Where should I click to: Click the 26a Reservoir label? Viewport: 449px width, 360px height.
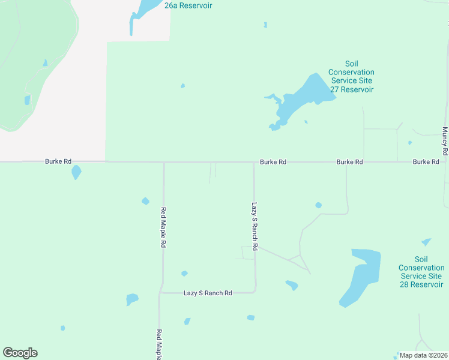[188, 5]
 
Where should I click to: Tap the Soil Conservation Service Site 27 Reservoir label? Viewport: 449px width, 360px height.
[351, 76]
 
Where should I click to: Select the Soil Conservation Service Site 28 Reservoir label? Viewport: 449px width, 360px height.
[421, 272]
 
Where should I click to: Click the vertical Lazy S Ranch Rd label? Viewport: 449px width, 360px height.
[255, 226]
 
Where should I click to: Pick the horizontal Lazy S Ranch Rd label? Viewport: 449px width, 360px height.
[208, 293]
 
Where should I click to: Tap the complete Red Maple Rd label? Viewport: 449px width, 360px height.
[163, 228]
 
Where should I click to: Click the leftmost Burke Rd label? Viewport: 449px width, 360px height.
[58, 161]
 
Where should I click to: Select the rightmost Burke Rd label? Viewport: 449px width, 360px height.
[426, 162]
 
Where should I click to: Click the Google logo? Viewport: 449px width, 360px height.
[20, 353]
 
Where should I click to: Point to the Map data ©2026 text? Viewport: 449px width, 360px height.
[423, 355]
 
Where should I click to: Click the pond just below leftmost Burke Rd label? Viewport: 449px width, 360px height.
[76, 173]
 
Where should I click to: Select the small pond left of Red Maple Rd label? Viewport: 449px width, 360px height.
[145, 201]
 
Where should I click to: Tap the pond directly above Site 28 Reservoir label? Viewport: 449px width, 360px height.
[426, 242]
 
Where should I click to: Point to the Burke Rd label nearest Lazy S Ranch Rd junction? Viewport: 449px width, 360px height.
[273, 162]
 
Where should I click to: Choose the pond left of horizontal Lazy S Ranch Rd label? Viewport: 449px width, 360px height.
[132, 299]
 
